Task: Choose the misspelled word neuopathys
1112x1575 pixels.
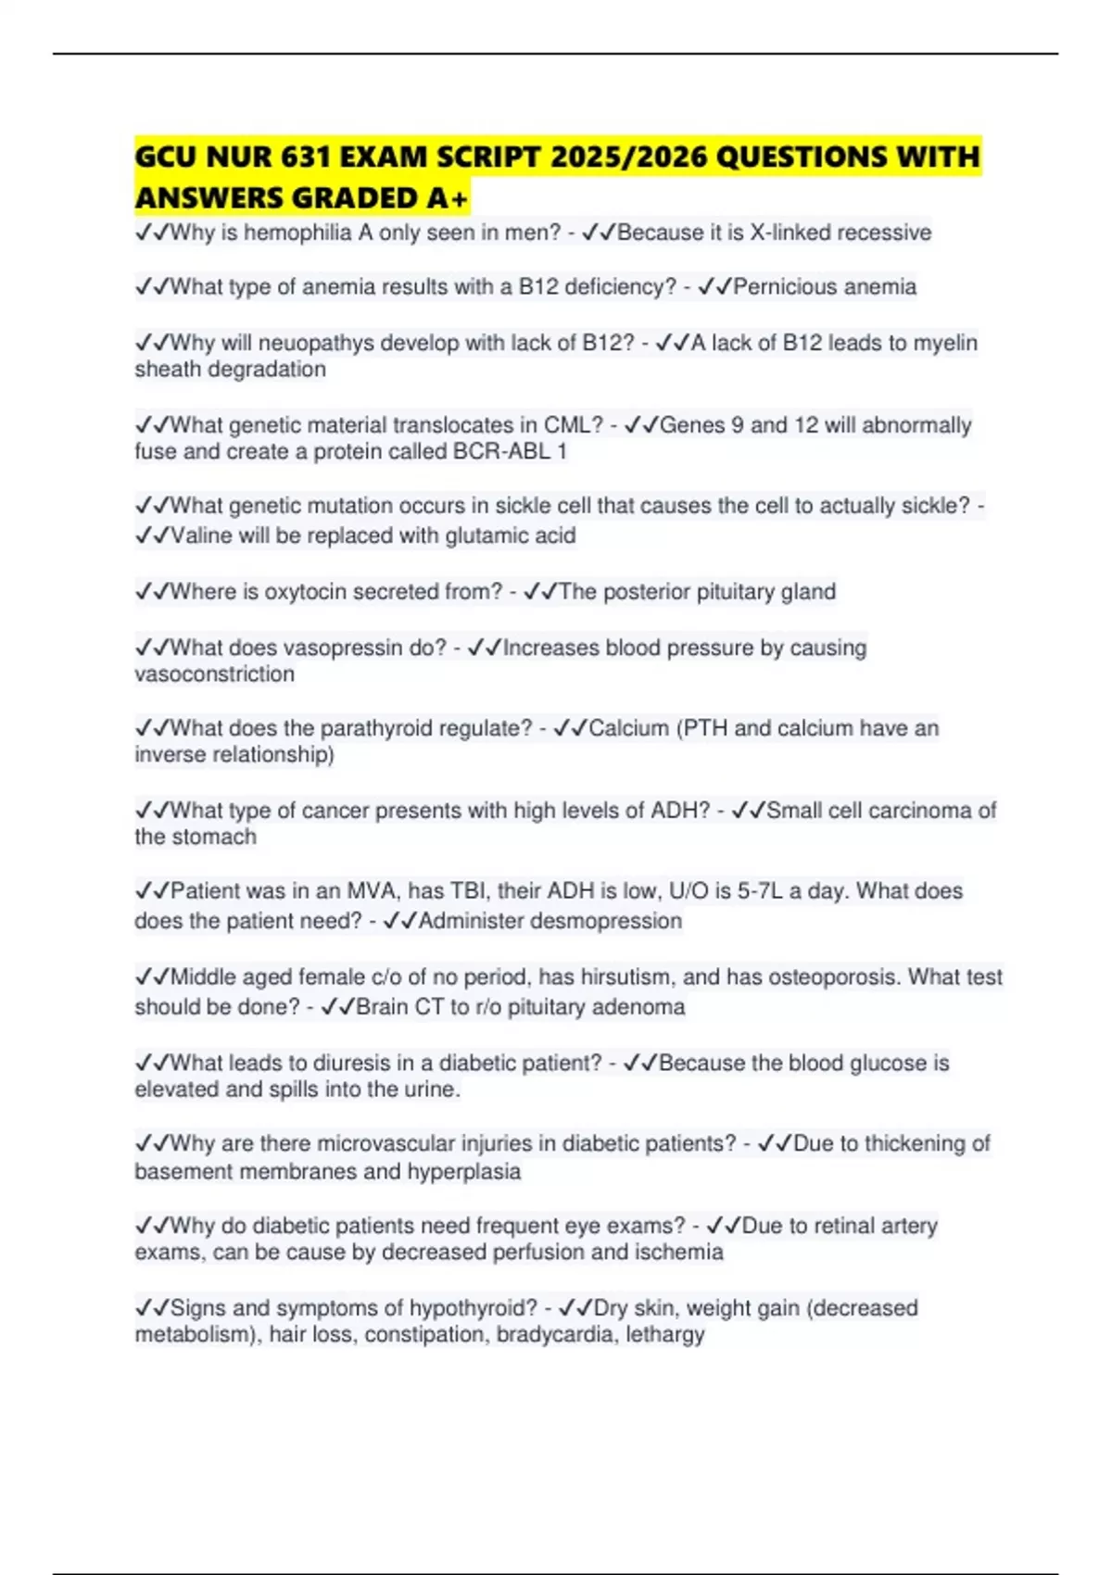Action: pyautogui.click(x=303, y=343)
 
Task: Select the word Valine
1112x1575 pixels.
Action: pyautogui.click(x=201, y=535)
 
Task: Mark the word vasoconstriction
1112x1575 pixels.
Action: pyautogui.click(x=214, y=674)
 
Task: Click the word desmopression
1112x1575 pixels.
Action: pyautogui.click(x=606, y=921)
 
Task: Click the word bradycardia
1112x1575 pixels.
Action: pyautogui.click(x=556, y=1335)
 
